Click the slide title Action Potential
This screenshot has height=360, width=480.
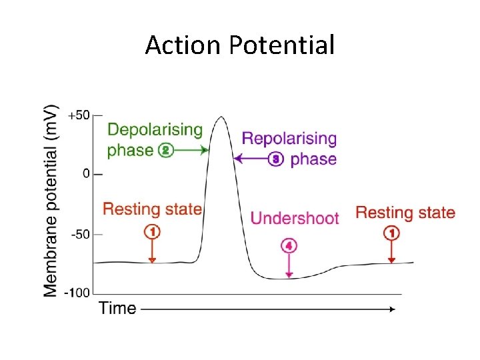point(240,45)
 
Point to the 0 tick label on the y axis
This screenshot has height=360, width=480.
point(87,173)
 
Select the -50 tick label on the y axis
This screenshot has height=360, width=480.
point(81,234)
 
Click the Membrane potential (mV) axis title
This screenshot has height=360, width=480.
point(51,200)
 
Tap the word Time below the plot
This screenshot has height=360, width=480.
point(117,308)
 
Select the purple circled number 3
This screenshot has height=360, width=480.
point(276,159)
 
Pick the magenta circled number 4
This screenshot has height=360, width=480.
point(289,245)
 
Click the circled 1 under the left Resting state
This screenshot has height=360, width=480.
point(152,231)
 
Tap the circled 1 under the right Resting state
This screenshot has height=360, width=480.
point(391,233)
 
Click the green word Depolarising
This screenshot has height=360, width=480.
point(154,129)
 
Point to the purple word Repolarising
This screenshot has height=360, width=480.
point(289,139)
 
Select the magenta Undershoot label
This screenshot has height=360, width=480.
point(294,219)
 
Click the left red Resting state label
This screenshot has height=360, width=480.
point(152,209)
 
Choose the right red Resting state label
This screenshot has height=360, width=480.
point(405,213)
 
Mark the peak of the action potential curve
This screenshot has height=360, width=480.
point(220,117)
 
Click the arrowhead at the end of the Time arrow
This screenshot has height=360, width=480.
point(392,309)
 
